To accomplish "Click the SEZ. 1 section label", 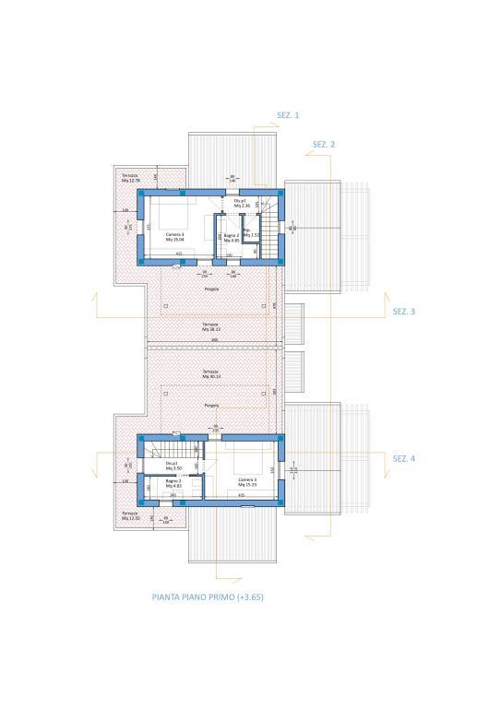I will coord(288,115).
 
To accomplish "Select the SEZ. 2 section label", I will coord(323,145).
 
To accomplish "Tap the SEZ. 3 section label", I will coord(404,312).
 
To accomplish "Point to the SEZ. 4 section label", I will coord(404,458).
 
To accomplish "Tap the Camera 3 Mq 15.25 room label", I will coord(247,483).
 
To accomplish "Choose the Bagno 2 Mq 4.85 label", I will coord(232,238).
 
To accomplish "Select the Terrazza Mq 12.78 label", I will coord(130,178).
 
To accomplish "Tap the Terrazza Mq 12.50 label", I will coord(130,515).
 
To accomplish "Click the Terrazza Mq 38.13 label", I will coord(211,327).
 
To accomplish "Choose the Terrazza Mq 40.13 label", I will coord(211,374).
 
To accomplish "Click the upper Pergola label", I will coord(211,289).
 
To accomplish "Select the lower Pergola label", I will coord(211,406).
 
